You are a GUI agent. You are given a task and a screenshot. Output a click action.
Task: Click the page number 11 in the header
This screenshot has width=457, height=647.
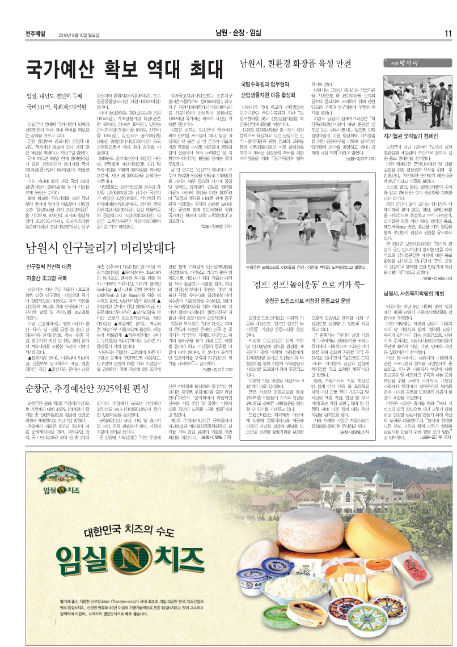(x=447, y=32)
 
